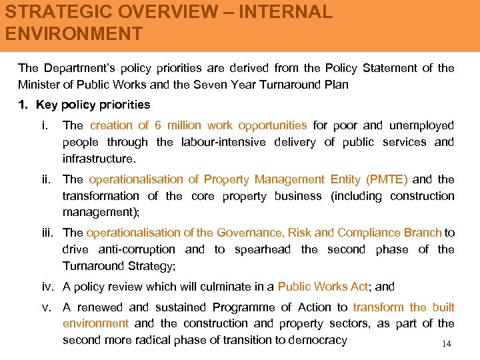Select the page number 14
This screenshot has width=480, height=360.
pos(446,344)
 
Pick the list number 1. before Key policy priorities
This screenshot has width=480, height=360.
pos(23,105)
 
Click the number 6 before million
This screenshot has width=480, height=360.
pos(157,125)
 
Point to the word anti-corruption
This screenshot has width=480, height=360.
pos(137,249)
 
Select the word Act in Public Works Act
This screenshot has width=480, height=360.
pos(359,287)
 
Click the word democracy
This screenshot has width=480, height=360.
pos(315,340)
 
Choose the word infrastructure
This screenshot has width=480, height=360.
pos(99,159)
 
